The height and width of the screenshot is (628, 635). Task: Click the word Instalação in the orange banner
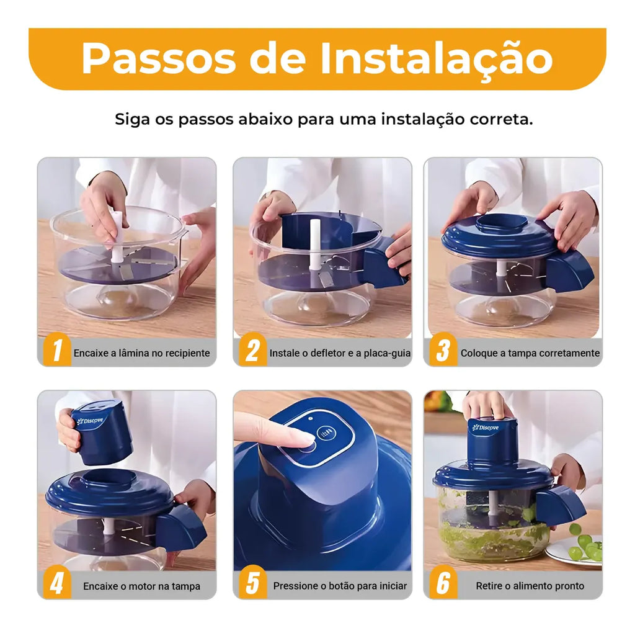437,58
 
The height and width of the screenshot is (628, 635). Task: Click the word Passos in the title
158,58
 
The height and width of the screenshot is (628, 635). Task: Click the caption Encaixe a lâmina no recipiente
142,353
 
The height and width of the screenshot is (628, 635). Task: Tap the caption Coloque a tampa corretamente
530,353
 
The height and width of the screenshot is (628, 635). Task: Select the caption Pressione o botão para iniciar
340,586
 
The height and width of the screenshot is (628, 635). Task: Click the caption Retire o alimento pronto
530,586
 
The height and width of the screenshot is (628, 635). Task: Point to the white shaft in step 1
116,236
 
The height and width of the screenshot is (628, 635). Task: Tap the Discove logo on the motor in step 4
90,421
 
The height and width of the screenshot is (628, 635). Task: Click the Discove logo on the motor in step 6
486,427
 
